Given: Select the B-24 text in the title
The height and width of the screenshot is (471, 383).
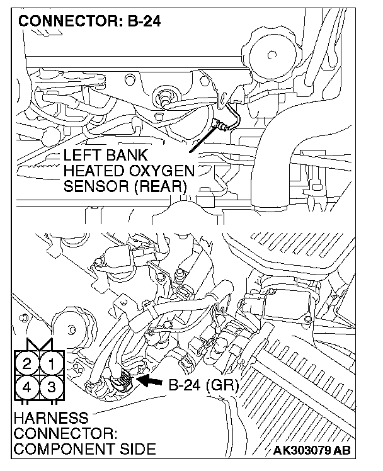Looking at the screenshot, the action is (x=145, y=21).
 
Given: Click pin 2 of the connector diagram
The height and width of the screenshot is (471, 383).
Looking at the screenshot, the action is (x=26, y=363).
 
